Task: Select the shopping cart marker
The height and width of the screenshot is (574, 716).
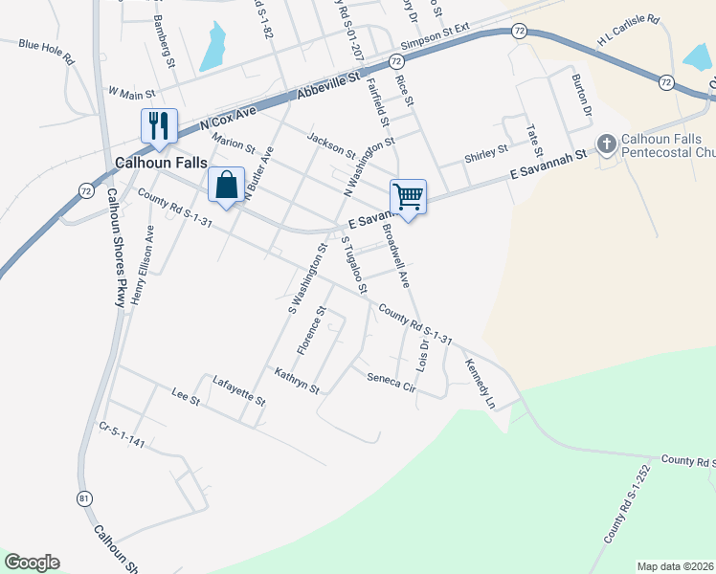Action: click(x=408, y=196)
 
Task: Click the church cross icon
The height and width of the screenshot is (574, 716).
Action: click(x=606, y=145)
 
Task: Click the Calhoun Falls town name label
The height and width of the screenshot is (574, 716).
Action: click(x=160, y=163)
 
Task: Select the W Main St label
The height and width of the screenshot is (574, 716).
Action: click(x=131, y=93)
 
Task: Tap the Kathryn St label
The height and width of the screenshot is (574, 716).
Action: click(x=296, y=380)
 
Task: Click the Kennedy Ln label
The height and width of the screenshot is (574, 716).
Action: click(x=480, y=383)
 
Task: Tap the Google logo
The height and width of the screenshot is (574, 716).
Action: click(x=32, y=563)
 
